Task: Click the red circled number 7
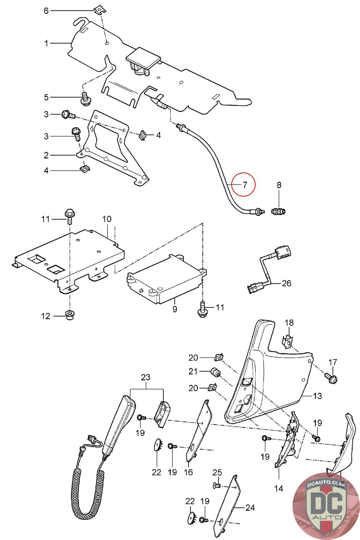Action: point(245,185)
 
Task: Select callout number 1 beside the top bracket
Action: point(46,43)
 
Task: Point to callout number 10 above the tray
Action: point(107,219)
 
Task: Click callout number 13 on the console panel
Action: point(318,396)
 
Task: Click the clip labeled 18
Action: point(287,341)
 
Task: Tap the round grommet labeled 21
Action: point(215,372)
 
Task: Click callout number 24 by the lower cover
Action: point(250,508)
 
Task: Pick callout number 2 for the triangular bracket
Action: point(46,155)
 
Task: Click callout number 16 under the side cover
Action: point(188,472)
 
